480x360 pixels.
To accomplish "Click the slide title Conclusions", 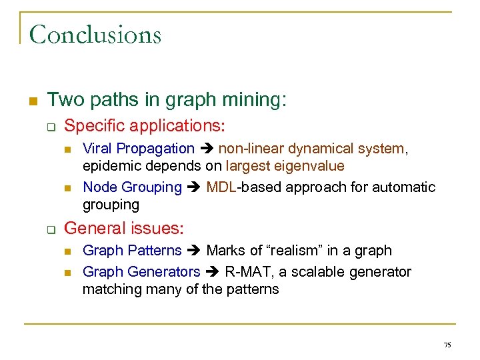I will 95,34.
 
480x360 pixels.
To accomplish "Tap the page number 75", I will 447,345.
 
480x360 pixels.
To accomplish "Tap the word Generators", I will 163,272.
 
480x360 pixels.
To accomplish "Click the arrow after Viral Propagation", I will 207,149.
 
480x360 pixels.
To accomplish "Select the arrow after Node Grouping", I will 194,188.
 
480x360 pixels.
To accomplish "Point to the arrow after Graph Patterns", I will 194,251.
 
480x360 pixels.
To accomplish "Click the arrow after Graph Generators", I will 213,273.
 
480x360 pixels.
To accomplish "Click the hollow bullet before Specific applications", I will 49,126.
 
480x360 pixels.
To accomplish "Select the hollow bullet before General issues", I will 49,229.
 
